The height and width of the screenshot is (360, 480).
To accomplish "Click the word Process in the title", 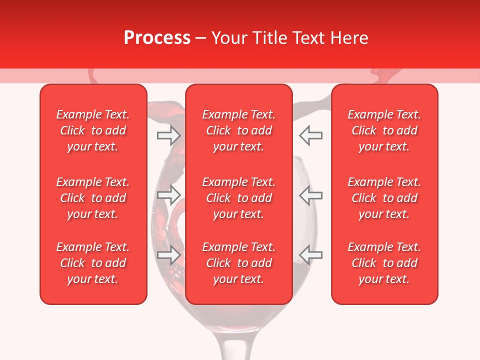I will point(157,38).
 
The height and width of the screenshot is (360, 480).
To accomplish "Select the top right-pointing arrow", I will point(169,135).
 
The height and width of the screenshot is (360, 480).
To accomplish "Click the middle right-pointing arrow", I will point(169,195).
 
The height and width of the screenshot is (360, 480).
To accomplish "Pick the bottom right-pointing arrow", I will point(169,255).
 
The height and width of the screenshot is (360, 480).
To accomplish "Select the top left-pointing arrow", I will point(310,135).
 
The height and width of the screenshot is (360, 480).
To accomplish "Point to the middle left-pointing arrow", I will point(310,195).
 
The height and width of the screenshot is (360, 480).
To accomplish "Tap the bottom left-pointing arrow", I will point(310,255).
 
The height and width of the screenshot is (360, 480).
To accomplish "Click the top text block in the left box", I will point(93,130).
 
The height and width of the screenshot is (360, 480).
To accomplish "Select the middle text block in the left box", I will point(93,198).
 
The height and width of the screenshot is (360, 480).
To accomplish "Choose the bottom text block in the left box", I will point(93,263).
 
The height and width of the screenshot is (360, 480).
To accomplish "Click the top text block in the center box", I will point(238,130).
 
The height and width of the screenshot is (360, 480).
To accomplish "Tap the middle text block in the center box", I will point(238,198).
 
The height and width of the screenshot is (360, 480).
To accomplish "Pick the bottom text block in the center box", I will point(238,263).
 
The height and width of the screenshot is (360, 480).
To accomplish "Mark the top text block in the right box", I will point(384,130).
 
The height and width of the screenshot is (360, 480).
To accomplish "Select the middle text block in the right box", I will point(384,198).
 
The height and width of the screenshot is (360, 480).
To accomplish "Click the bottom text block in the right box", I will point(384,263).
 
